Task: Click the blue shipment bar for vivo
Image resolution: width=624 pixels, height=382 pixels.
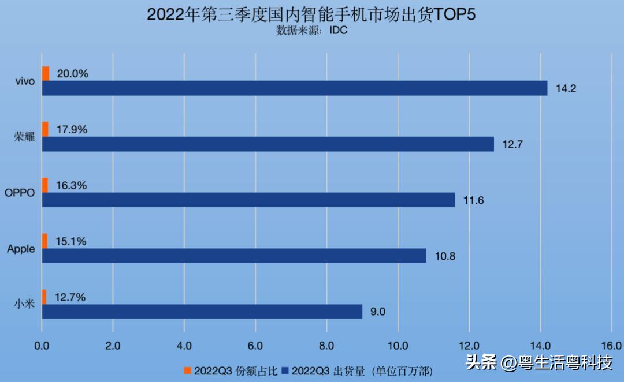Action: click(x=295, y=88)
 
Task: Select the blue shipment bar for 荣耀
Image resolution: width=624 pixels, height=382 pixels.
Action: click(x=268, y=144)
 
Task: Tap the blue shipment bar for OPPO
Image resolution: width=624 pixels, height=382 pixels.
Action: click(x=248, y=200)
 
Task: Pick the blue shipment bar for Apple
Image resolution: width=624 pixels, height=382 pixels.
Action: click(x=234, y=255)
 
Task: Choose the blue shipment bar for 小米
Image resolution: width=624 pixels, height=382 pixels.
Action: click(x=202, y=312)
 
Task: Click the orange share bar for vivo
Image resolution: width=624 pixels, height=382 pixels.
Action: click(x=46, y=73)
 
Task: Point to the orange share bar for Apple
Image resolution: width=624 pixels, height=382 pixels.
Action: click(x=45, y=241)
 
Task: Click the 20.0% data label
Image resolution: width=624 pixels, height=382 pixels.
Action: click(x=73, y=74)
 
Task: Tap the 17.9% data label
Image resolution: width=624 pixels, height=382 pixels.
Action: click(x=72, y=130)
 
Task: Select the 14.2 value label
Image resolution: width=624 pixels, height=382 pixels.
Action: click(x=566, y=88)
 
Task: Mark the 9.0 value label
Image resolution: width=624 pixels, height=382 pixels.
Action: click(x=378, y=312)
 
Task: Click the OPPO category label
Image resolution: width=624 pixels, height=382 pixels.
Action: click(x=20, y=193)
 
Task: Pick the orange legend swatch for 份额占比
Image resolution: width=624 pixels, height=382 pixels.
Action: click(x=187, y=370)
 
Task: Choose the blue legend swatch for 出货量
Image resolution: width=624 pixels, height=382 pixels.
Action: click(x=285, y=370)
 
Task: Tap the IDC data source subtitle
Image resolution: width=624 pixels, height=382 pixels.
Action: click(x=312, y=30)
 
